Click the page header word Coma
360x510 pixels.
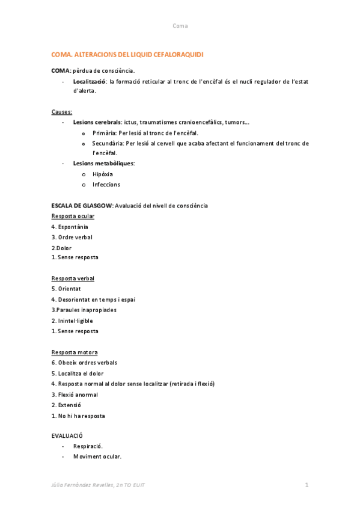pos(180,26)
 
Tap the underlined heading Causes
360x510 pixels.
pos(62,112)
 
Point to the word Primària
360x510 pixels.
pos(105,133)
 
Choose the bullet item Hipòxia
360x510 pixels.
pos(103,174)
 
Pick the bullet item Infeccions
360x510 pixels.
pos(106,185)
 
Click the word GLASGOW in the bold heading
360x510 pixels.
pos(99,206)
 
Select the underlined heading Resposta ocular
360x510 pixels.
pos(73,216)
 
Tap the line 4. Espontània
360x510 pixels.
pos(70,227)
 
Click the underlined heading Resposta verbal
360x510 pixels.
pos(73,278)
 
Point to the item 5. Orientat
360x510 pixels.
pos(66,289)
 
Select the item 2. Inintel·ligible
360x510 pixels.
pos(72,321)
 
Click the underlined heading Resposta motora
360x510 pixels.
pos(75,352)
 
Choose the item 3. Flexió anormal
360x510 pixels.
pos(75,395)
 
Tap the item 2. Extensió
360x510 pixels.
pos(66,405)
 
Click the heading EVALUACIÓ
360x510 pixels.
pos(67,435)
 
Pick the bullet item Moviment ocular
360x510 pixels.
pos(97,456)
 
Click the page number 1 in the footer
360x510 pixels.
pos(307,485)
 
